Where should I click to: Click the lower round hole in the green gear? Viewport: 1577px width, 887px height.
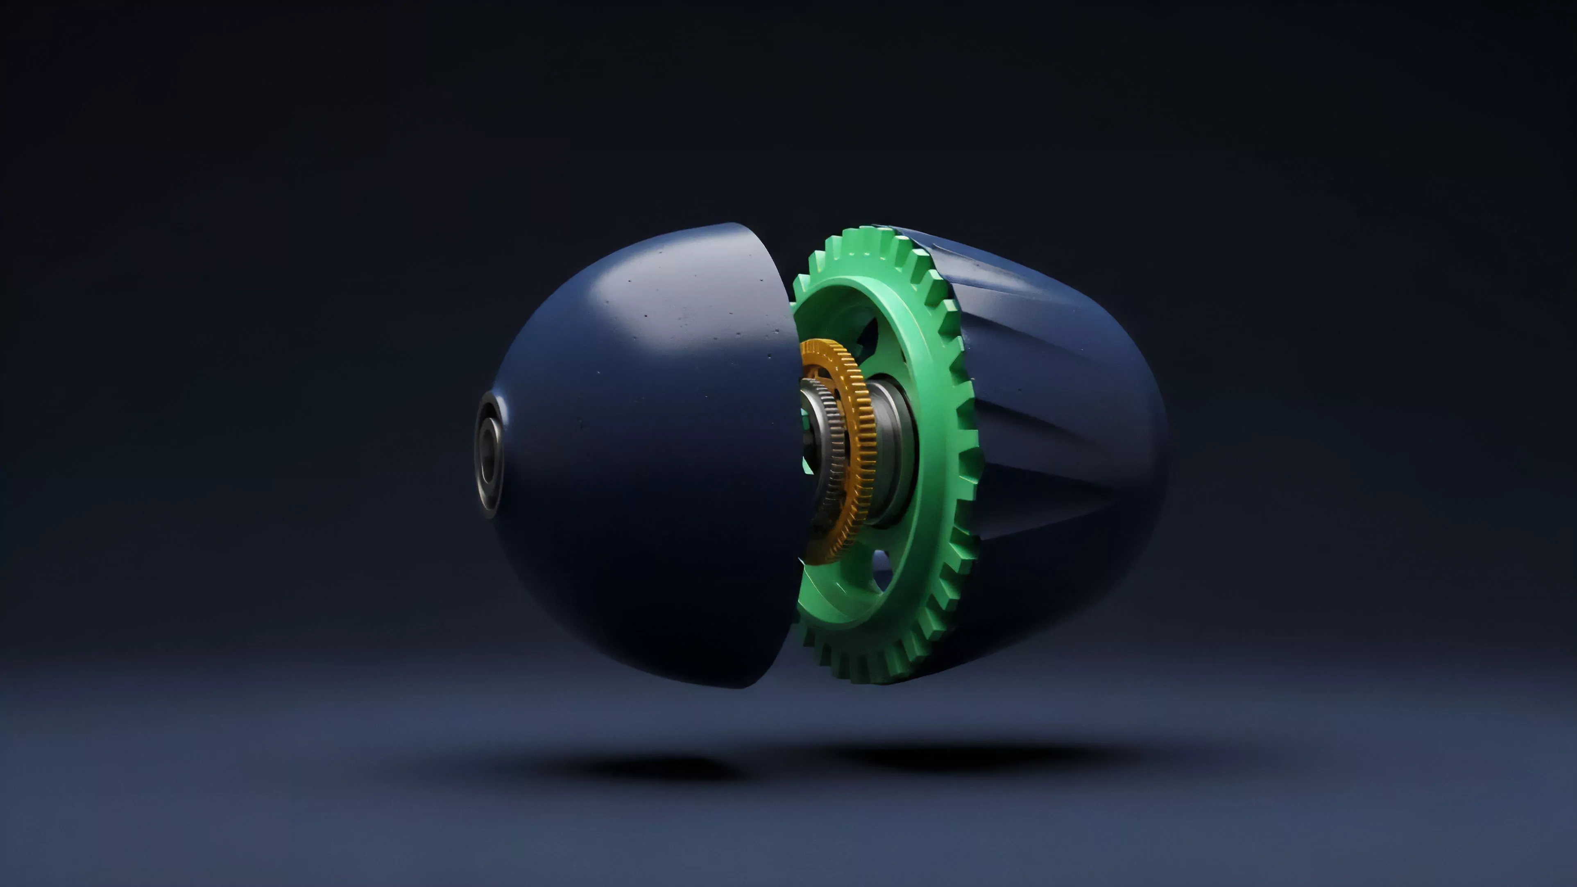click(881, 566)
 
